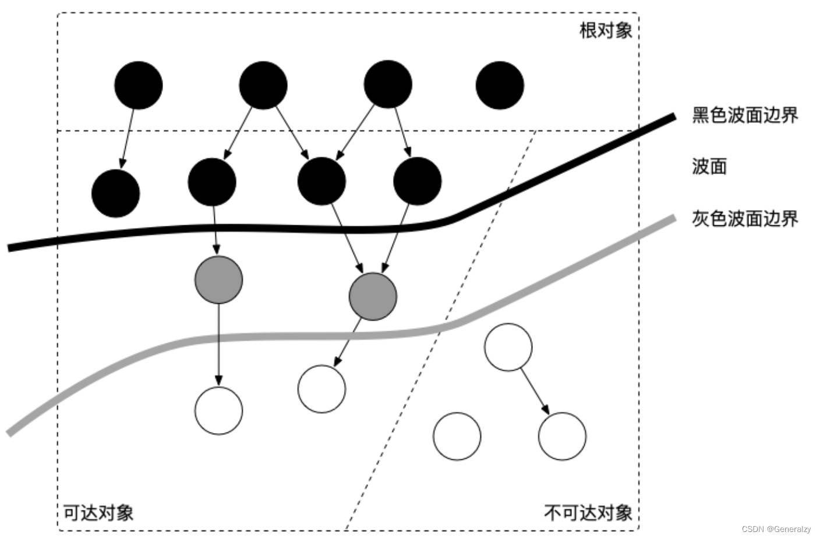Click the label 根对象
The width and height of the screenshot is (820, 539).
pos(606,30)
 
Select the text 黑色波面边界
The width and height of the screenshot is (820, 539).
pos(744,115)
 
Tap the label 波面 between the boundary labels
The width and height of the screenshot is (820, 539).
pos(709,166)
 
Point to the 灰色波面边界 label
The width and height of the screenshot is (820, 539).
pos(744,219)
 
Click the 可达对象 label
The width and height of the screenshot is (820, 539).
pos(98,512)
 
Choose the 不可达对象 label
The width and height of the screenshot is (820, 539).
pos(588,512)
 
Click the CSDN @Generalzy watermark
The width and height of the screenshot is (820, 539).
pos(776,529)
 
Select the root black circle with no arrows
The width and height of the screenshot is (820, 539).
pos(500,85)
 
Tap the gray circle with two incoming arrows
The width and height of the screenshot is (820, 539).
pos(373,296)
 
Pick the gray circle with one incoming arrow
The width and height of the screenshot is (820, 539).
pos(218,279)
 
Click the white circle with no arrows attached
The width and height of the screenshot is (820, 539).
pos(457,437)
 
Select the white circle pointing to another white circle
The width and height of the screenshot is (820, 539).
pos(508,347)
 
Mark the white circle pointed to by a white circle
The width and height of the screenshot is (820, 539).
pos(562,437)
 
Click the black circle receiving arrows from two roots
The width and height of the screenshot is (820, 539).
pos(321,181)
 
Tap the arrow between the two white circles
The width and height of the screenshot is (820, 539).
pos(535,392)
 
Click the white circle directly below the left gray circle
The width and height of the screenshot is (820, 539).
pos(218,410)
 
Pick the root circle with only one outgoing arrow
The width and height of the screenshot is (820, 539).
pos(138,85)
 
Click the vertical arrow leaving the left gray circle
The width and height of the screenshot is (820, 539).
pos(218,343)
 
